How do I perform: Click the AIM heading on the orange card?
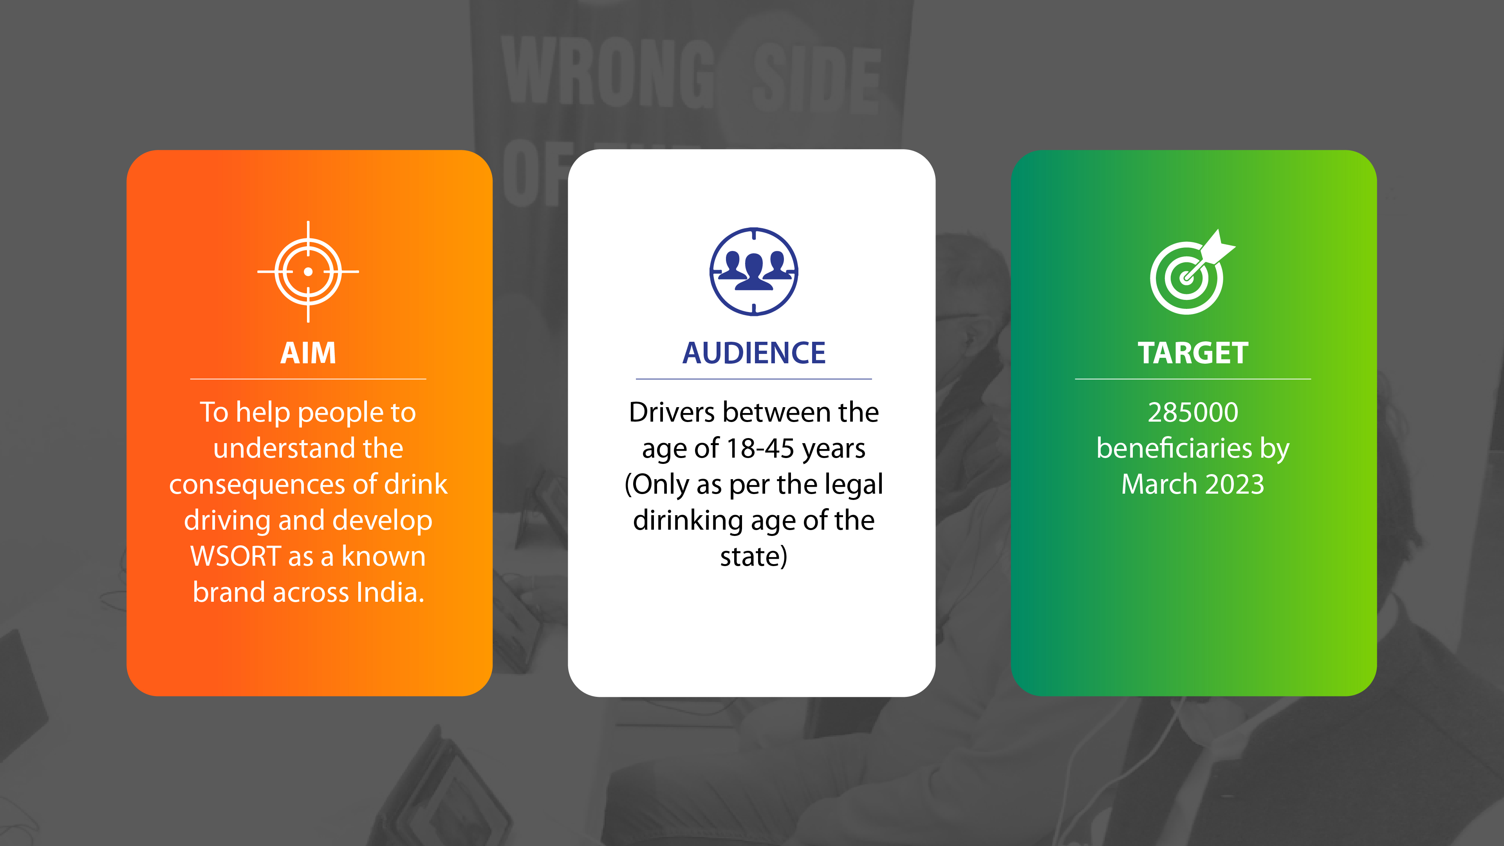coord(308,353)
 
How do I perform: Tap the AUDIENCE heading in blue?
coord(754,353)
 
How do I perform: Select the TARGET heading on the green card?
coord(1193,353)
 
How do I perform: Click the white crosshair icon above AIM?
coord(308,271)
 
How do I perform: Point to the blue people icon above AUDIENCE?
coord(754,271)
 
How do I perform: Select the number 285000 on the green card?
coord(1193,412)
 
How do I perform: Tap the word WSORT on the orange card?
coord(236,556)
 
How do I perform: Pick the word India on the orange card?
coord(390,593)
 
